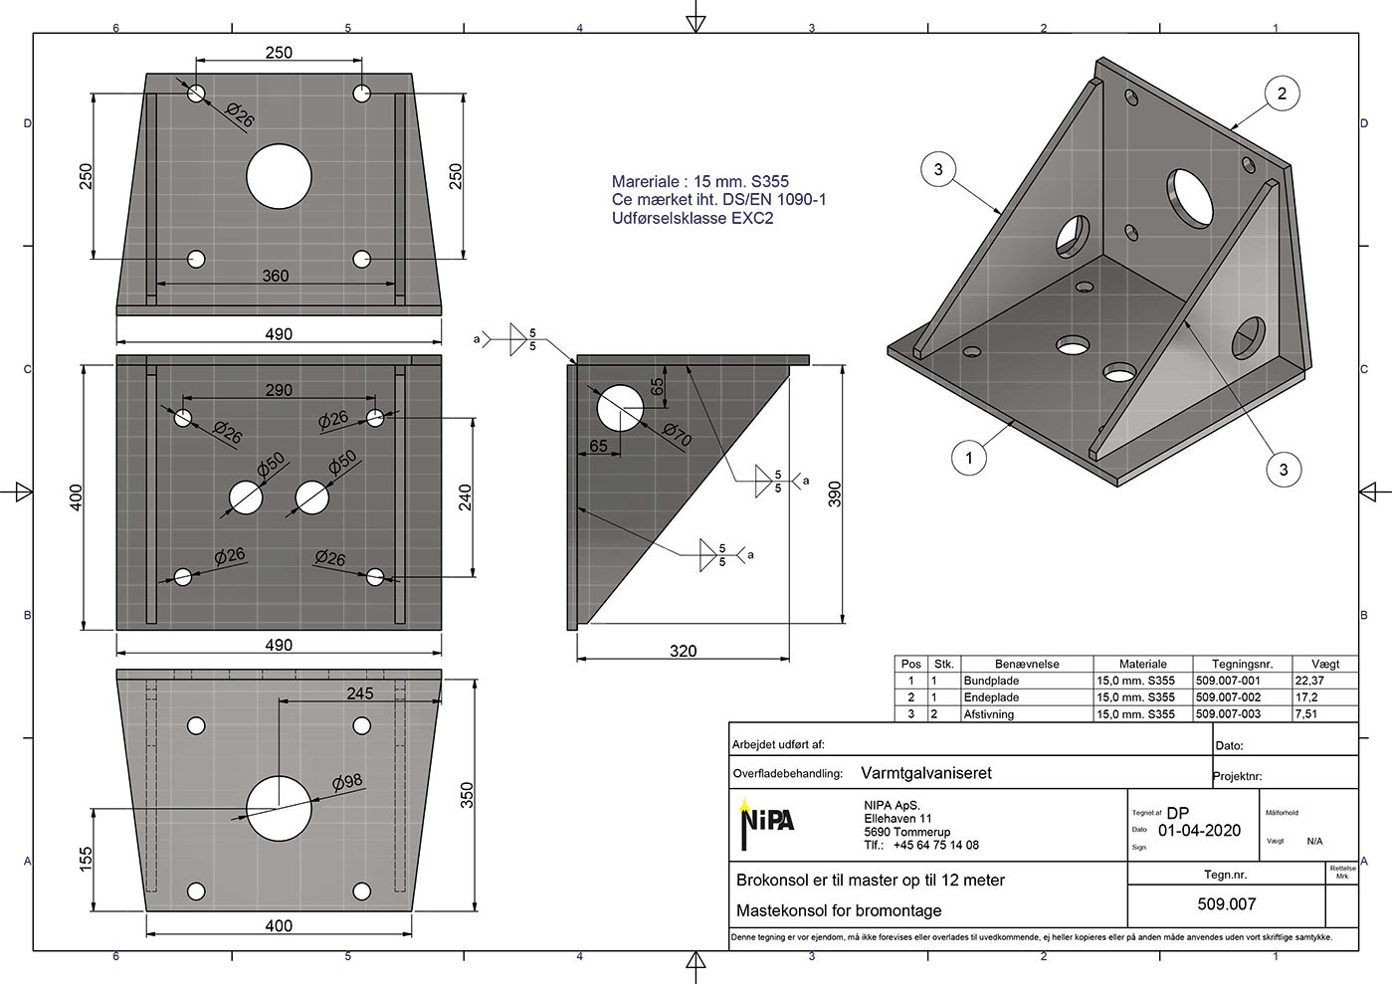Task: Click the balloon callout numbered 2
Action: (1282, 94)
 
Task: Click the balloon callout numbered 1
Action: (969, 458)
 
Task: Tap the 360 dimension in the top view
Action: (276, 276)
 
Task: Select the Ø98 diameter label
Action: (347, 782)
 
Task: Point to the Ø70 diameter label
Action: (677, 435)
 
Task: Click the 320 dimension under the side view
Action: (683, 651)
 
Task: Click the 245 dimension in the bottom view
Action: (359, 693)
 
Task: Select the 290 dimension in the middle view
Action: (279, 390)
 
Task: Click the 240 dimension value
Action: (465, 497)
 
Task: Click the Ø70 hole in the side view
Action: (620, 409)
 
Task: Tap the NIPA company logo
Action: (766, 821)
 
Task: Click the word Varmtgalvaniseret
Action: (925, 773)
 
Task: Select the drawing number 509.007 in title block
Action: (1227, 904)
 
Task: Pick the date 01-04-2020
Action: (1199, 831)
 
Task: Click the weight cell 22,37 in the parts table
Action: (1309, 681)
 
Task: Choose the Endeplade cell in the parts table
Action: (991, 697)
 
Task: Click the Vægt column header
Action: (1325, 664)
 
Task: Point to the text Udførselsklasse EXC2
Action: (692, 219)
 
